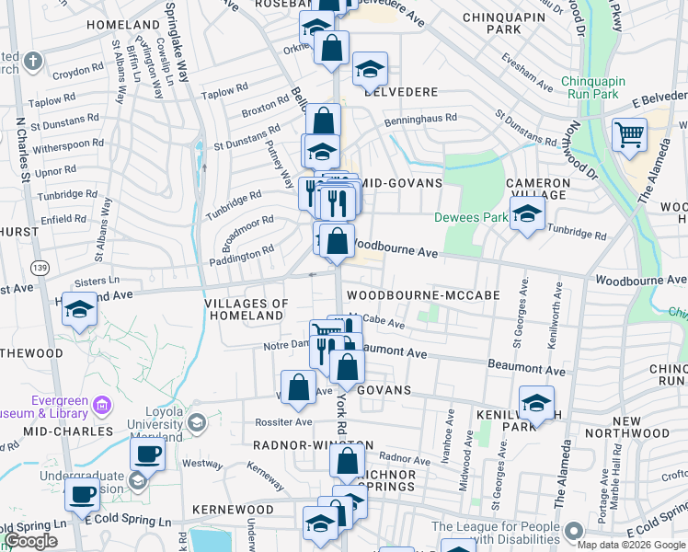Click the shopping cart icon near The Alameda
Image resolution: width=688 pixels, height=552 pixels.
tap(630, 134)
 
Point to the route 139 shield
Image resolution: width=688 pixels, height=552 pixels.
tap(39, 267)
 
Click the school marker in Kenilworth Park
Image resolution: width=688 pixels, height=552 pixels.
tap(536, 403)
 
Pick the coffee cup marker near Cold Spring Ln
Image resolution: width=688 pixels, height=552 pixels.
tap(82, 494)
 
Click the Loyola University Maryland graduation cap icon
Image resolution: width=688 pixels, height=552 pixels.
tap(196, 423)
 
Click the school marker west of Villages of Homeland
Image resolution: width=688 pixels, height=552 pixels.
tap(80, 311)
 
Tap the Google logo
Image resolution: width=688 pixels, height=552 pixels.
tap(29, 541)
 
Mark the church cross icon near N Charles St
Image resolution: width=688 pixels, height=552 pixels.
tap(32, 63)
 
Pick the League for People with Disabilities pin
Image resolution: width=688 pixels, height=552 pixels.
tap(575, 532)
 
